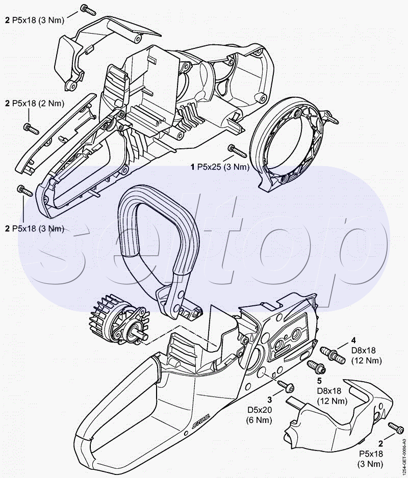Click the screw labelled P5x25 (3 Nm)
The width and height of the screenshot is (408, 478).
237,151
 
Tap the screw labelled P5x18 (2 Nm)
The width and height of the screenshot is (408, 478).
31,128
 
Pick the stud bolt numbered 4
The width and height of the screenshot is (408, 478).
333,355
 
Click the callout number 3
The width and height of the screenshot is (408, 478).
270,400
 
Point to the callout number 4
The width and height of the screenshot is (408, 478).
353,340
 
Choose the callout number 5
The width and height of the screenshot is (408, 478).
319,381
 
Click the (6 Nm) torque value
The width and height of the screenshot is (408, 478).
259,420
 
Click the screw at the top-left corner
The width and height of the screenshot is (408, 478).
88,10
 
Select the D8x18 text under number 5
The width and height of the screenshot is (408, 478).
329,390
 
